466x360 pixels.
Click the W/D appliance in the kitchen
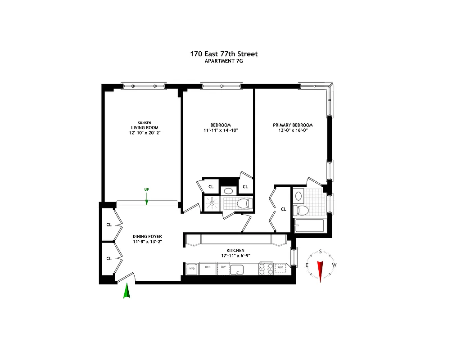(191, 269)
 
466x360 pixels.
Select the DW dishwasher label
(223, 268)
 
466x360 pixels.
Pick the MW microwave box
(281, 269)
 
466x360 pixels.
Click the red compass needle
(321, 270)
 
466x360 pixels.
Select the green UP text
(146, 189)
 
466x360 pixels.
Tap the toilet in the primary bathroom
(301, 210)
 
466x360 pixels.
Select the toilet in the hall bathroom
(244, 203)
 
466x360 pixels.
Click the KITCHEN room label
(235, 250)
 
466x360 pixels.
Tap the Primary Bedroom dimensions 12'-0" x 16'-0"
(293, 130)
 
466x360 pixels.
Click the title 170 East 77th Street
(224, 54)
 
